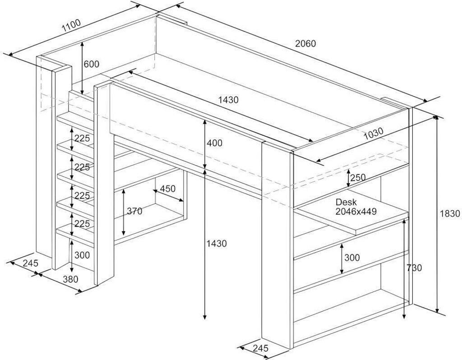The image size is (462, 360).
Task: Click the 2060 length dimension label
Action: [x=305, y=44]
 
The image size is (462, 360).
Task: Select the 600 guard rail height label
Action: [x=91, y=65]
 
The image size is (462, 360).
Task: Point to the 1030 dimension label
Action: [x=372, y=134]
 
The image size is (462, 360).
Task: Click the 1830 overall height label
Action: [x=450, y=215]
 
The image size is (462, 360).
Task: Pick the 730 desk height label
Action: [x=414, y=268]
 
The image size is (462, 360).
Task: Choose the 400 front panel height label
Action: [x=214, y=143]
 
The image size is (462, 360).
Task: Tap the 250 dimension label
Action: [x=358, y=178]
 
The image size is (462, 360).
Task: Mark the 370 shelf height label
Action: [x=134, y=211]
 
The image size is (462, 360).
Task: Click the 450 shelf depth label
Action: [x=167, y=189]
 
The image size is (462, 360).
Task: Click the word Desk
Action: [x=346, y=203]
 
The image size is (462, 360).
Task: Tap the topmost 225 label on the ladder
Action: [x=82, y=138]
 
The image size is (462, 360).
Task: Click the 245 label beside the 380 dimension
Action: [x=30, y=263]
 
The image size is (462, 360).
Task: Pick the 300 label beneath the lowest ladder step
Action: [x=82, y=255]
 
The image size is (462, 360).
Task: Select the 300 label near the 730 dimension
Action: [x=352, y=258]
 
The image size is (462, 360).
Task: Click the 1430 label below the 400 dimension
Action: [x=216, y=244]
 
